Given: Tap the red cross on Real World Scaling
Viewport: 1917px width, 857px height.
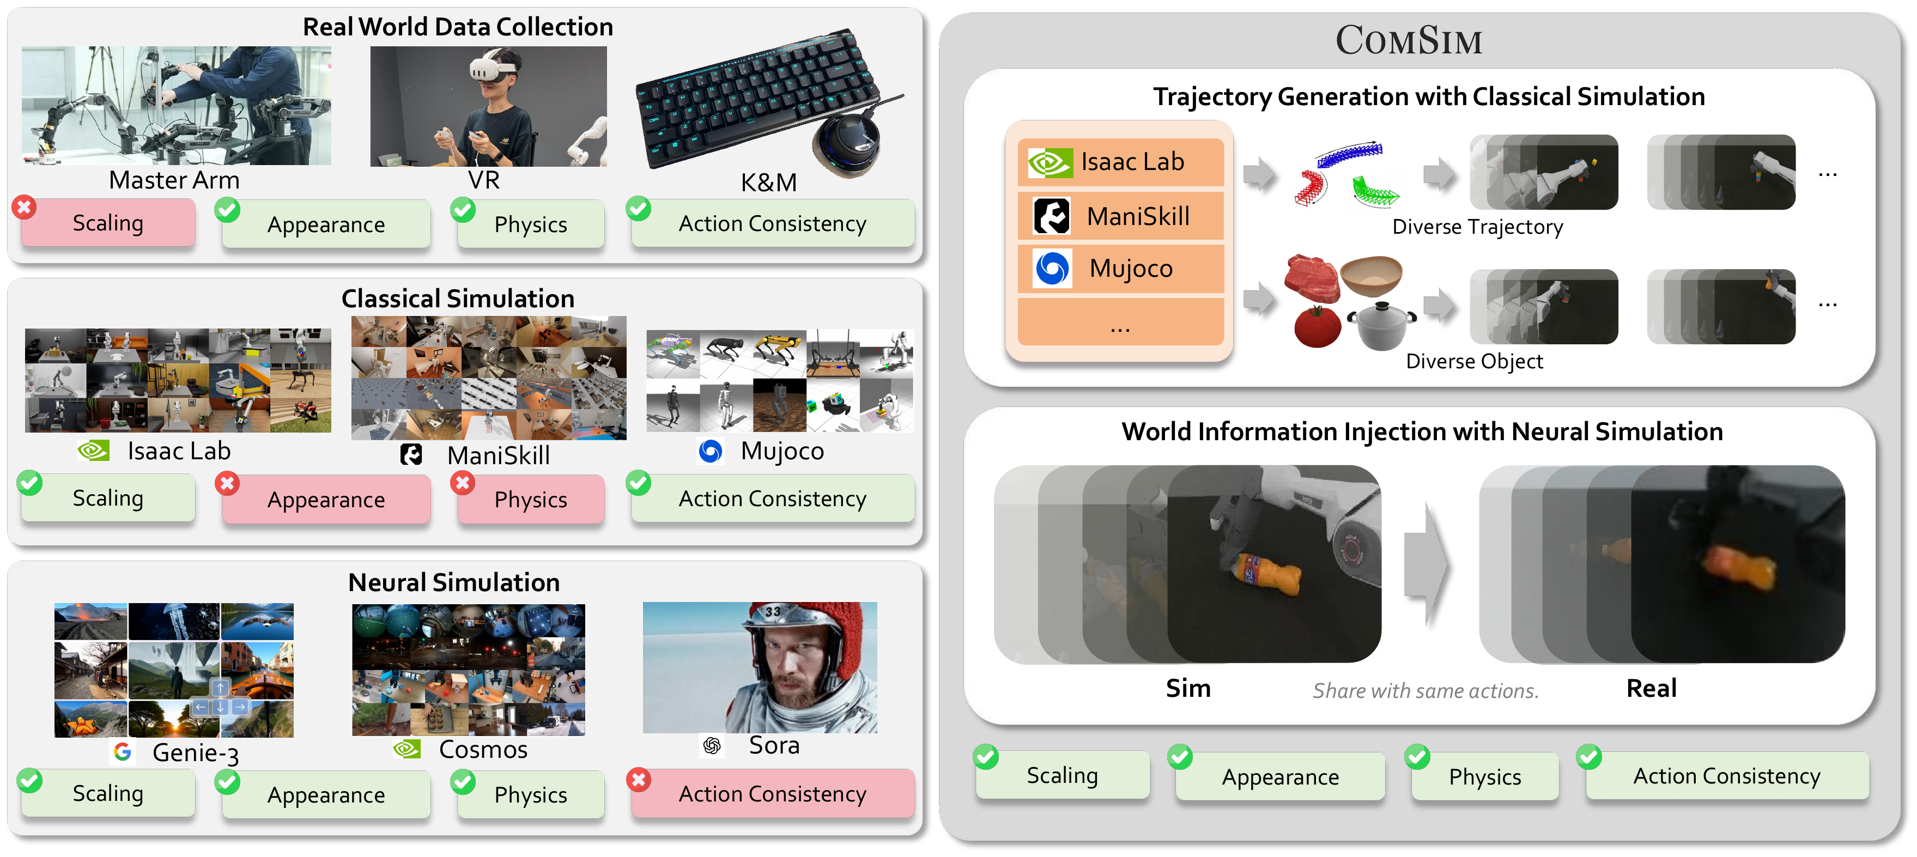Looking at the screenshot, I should pos(25,208).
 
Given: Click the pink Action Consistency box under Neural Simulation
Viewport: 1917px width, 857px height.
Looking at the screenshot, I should pos(773,794).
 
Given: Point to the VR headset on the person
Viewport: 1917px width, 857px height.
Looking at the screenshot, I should pos(492,69).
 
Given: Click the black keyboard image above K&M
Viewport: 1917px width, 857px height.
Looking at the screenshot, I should pos(759,97).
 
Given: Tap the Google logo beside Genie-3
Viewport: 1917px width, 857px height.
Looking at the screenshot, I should pos(123,752).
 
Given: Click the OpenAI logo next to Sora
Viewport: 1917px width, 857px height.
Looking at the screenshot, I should pos(712,745).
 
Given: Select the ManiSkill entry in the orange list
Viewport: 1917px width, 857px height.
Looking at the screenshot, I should pos(1121,216).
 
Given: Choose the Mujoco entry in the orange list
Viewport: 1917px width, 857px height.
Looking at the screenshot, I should pos(1121,269).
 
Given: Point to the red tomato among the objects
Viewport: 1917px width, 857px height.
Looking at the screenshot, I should pos(1317,327).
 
